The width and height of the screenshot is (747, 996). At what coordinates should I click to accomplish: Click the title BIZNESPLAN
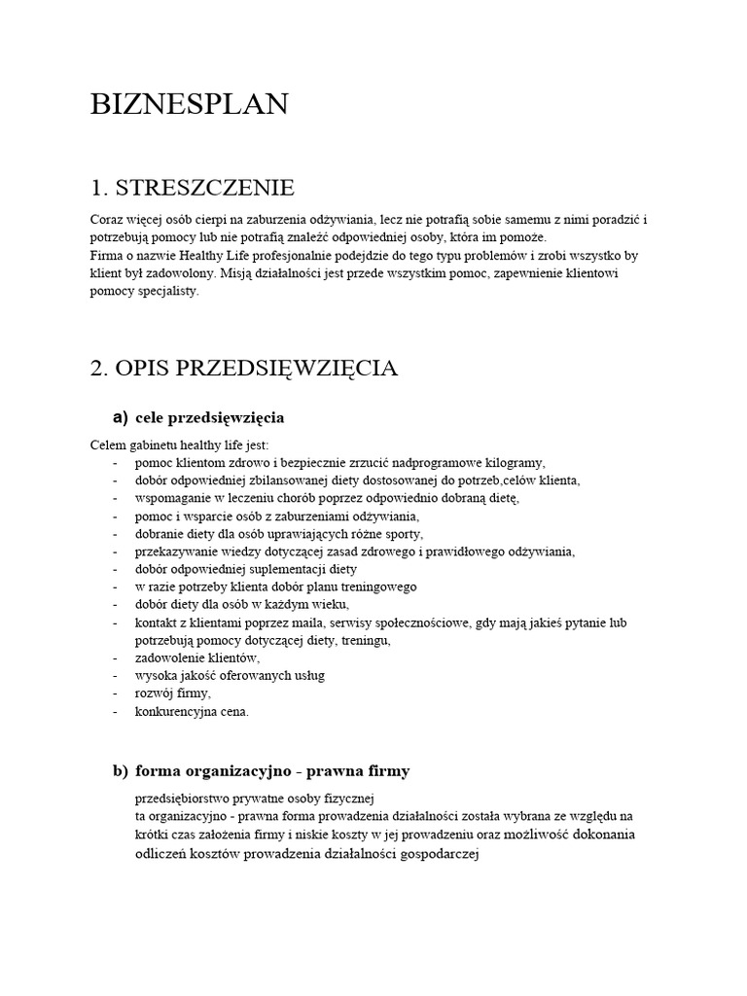pos(189,105)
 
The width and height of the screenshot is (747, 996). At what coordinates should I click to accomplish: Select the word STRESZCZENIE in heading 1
pos(205,187)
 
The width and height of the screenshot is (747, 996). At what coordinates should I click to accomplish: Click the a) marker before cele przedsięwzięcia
pos(121,417)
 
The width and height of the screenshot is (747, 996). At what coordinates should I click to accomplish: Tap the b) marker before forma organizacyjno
pos(121,771)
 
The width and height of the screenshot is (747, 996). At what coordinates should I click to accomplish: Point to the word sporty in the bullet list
pos(403,534)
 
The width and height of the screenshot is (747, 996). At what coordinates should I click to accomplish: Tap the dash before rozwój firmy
pos(116,694)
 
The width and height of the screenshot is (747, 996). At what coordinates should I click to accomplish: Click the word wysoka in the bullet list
pos(154,676)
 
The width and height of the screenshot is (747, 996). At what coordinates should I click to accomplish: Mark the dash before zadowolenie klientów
pos(116,658)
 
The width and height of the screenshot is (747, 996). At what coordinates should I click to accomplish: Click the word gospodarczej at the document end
pos(434,855)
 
